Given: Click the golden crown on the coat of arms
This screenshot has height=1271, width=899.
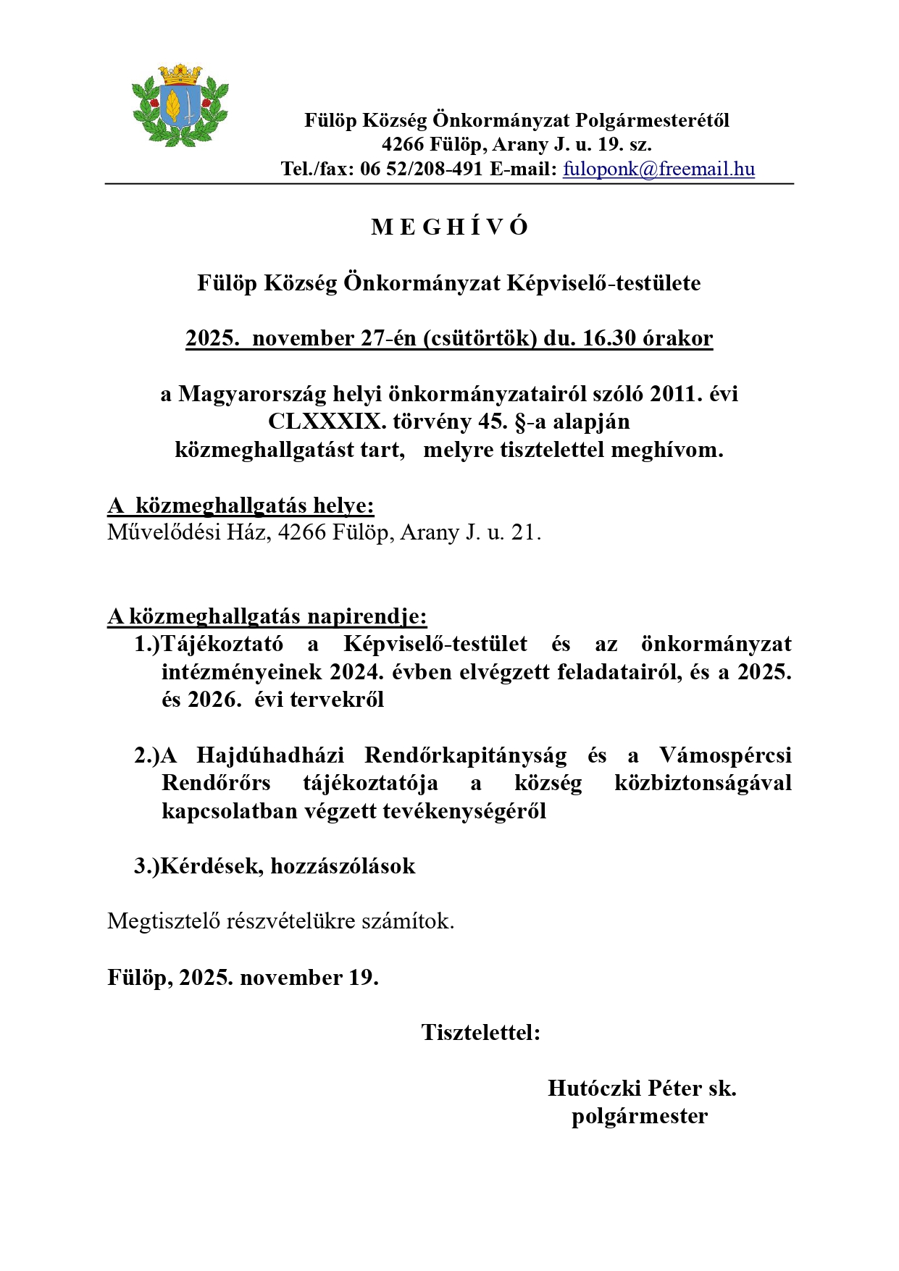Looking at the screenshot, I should [180, 72].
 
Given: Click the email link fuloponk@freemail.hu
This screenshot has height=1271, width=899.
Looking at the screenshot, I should [658, 169].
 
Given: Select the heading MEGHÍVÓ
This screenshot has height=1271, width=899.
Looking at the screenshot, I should [449, 227].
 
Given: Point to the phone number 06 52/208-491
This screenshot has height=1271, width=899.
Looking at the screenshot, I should [421, 169].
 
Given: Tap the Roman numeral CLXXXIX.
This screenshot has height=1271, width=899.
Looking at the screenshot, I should [327, 421].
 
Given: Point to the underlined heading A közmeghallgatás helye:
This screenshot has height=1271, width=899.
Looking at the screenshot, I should [241, 506].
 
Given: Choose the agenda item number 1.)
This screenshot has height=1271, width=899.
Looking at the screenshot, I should [146, 644].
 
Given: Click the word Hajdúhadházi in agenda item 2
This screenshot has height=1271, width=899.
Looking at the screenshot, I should [270, 755].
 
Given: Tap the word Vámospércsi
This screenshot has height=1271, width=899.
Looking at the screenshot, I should [725, 755].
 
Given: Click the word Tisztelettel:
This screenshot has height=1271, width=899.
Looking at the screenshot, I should [481, 1033].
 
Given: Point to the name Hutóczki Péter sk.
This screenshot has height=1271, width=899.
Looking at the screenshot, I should [642, 1088].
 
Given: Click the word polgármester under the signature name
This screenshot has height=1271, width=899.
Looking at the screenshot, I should [640, 1116].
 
